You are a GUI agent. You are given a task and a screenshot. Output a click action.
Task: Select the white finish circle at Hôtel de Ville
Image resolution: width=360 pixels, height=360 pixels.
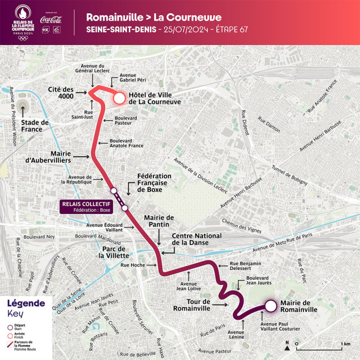coord(119,99)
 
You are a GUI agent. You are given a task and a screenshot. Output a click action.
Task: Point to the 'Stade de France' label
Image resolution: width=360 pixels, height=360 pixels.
coord(32,126)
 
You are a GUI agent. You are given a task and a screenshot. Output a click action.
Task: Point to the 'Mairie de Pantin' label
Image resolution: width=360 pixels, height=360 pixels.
coord(159,222)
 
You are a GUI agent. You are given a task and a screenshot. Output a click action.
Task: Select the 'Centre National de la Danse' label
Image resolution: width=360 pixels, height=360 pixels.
coord(197,240)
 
